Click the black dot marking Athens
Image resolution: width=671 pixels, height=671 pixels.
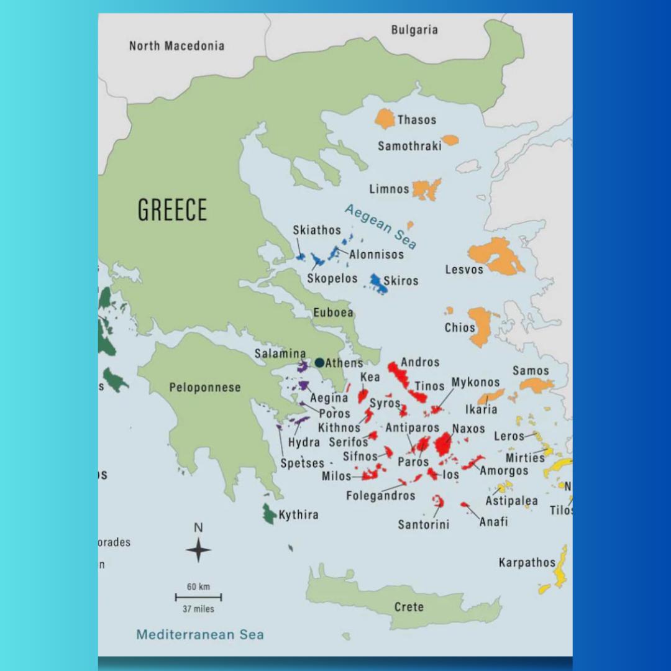click(x=319, y=362)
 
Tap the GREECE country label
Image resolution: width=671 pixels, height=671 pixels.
click(x=172, y=210)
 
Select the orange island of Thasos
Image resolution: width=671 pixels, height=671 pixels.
click(x=385, y=119)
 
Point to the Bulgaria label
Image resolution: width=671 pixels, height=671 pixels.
click(x=414, y=30)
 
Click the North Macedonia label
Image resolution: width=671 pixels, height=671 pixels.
click(x=176, y=46)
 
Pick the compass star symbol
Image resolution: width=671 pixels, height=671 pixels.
click(x=198, y=550)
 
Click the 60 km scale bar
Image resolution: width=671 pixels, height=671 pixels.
click(x=198, y=597)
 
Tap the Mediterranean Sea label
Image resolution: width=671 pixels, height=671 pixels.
click(x=200, y=634)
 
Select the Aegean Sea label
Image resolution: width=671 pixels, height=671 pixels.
click(x=381, y=226)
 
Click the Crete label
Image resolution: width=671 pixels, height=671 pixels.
click(x=409, y=607)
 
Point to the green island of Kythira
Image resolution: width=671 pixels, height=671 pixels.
click(x=268, y=514)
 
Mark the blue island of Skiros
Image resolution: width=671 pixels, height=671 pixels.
click(x=377, y=283)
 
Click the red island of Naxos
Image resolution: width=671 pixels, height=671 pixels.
click(x=443, y=444)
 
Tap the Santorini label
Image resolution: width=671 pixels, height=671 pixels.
click(x=424, y=525)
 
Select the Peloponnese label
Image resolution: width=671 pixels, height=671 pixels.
click(x=205, y=387)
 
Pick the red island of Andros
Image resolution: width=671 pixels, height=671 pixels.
click(x=398, y=375)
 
